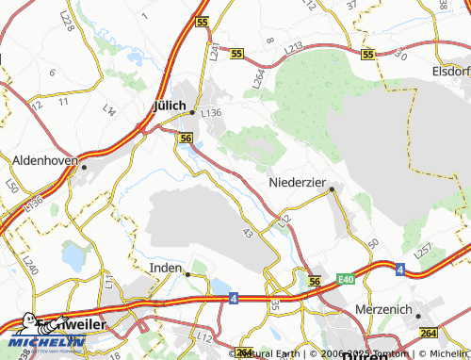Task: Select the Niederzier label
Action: tap(300, 181)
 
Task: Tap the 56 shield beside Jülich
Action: tap(186, 139)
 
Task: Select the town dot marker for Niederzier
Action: tap(332, 189)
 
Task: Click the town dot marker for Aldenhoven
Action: tap(84, 167)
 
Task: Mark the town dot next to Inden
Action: tap(187, 274)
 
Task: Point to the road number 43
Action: tap(247, 232)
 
